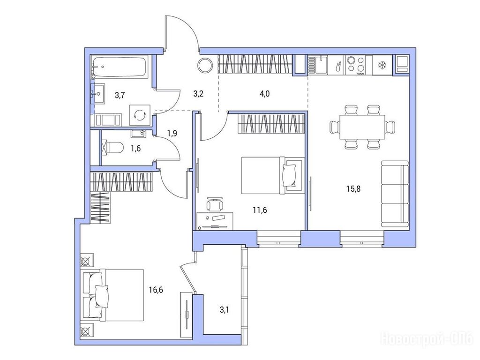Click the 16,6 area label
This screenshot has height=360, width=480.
[x=156, y=290]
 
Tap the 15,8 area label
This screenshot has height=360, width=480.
[x=353, y=188]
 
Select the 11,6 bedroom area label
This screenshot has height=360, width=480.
[x=260, y=210]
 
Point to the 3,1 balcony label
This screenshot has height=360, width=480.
[x=225, y=310]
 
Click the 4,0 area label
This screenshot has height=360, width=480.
[x=264, y=94]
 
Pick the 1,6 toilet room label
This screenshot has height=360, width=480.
[x=135, y=149]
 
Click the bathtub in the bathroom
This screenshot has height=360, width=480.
[x=119, y=67]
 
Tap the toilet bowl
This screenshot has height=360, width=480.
[x=112, y=147]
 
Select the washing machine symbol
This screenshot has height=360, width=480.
[x=140, y=115]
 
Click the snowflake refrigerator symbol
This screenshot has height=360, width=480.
[x=382, y=65]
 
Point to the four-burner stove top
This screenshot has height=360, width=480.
[x=356, y=65]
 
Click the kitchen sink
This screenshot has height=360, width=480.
[x=318, y=65]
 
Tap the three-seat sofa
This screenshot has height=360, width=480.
[x=395, y=194]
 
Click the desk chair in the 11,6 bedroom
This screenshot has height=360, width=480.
[x=215, y=204]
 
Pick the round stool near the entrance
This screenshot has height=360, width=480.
[x=205, y=65]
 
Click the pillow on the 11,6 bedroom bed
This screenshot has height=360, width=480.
[x=290, y=175]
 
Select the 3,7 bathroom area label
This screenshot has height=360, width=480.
[x=120, y=95]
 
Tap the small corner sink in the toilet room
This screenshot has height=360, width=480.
[x=140, y=134]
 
